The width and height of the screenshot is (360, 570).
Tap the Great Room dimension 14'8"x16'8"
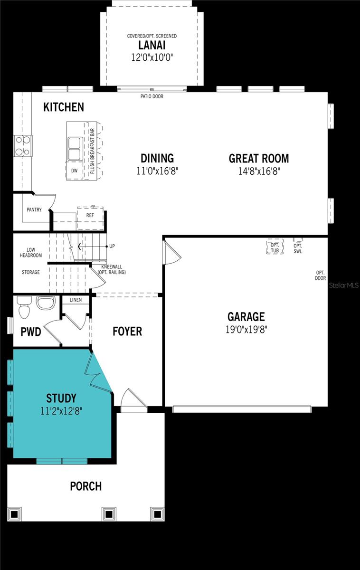pos(259,171)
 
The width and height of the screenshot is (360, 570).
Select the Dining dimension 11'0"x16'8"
pos(157,171)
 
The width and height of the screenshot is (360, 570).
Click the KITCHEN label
pos(64,107)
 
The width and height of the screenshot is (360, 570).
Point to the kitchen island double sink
pos(75,149)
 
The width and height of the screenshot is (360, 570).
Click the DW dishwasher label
pos(74,171)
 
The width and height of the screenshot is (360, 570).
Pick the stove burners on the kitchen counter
pos(23,146)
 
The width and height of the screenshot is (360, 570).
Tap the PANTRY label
pos(34,209)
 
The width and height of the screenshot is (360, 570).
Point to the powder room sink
pos(46,303)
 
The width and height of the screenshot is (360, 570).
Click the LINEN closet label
pos(76,300)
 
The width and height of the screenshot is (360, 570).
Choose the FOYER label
pos(127,331)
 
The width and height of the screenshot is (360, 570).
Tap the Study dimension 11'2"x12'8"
pos(61,410)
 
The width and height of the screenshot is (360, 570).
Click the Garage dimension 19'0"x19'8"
pos(246,329)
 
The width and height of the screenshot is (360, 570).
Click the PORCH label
pos(85,486)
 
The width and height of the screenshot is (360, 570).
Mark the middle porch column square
pos(109,514)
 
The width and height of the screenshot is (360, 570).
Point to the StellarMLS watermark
pos(344,285)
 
